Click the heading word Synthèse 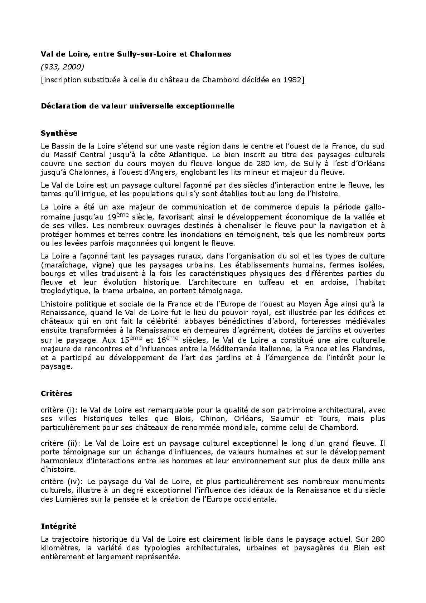(x=59, y=133)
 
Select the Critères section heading (x=57, y=394)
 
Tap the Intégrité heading (x=59, y=526)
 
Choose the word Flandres (x=369, y=349)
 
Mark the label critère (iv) (x=58, y=482)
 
